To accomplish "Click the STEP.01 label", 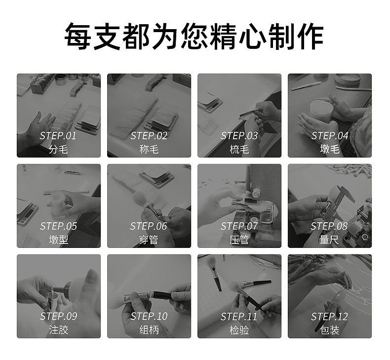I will click(x=58, y=136).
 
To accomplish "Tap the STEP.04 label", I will click(x=329, y=136).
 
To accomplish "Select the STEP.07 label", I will click(x=239, y=226).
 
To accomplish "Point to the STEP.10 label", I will click(x=149, y=317).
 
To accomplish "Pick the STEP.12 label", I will click(x=329, y=317).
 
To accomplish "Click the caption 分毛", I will click(x=58, y=149).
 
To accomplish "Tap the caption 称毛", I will click(x=149, y=149).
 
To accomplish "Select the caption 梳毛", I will click(x=239, y=149).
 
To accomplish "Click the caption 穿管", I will click(x=149, y=240).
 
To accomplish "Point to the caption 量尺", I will click(x=329, y=240).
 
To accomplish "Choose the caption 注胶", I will click(x=58, y=330).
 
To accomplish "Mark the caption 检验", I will click(x=239, y=330).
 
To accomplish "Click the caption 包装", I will click(x=329, y=330).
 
